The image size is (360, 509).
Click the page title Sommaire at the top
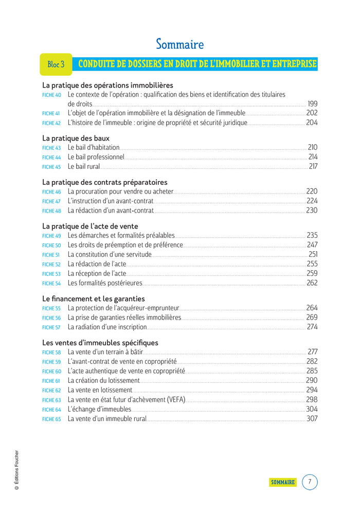[x=179, y=44]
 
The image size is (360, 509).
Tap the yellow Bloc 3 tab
[x=56, y=64]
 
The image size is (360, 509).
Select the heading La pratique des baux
[x=76, y=138]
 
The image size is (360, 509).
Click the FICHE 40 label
[x=51, y=95]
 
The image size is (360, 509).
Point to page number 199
[x=312, y=104]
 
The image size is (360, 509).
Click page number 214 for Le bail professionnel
[x=313, y=157]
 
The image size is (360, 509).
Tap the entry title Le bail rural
[x=84, y=167]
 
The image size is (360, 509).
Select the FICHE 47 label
[x=51, y=201]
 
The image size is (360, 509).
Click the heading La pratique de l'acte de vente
[x=90, y=226]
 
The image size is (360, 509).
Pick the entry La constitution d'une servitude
[x=110, y=254]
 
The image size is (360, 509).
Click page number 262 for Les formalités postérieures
[x=312, y=283]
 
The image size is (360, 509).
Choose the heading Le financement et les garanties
[x=94, y=299]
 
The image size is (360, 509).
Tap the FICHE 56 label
[x=51, y=318]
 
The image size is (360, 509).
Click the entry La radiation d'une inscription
[x=107, y=327]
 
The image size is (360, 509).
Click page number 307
[x=312, y=418]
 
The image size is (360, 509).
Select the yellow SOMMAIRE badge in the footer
[x=283, y=482]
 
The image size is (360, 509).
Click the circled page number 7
[x=310, y=482]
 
